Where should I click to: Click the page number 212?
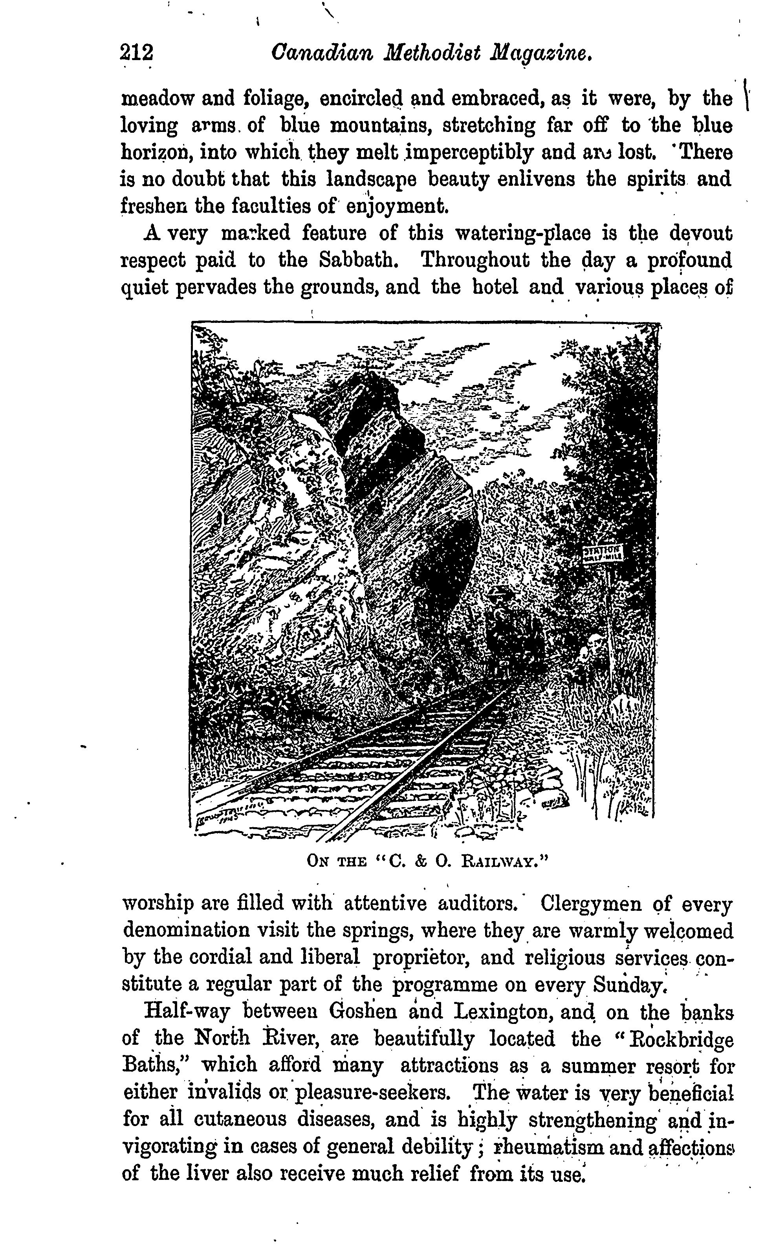[x=136, y=53]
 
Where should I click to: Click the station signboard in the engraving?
[x=603, y=553]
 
